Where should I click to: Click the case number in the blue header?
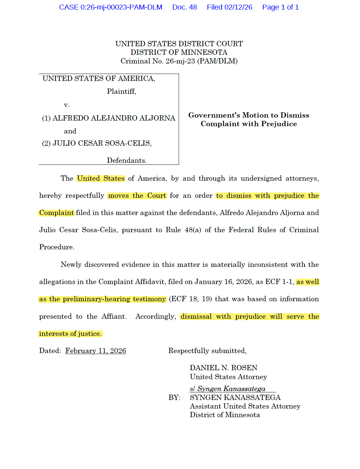(111, 7)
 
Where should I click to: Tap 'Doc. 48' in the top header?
(185, 7)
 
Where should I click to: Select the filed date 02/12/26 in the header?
(230, 7)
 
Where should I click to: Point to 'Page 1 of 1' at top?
(280, 7)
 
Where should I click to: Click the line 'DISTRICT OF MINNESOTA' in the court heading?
(179, 53)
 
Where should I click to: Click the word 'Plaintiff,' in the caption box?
(122, 91)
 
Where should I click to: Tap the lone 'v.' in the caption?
(67, 105)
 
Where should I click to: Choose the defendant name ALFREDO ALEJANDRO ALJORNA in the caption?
(114, 118)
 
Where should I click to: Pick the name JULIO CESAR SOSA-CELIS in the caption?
(101, 143)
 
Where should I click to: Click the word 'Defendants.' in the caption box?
(127, 161)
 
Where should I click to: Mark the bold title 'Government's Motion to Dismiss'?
(249, 115)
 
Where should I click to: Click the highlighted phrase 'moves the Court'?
(137, 196)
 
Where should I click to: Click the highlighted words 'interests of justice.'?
(70, 334)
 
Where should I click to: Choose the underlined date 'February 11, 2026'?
(96, 351)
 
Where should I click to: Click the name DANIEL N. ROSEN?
(224, 368)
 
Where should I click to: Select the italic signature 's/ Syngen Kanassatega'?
(228, 389)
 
